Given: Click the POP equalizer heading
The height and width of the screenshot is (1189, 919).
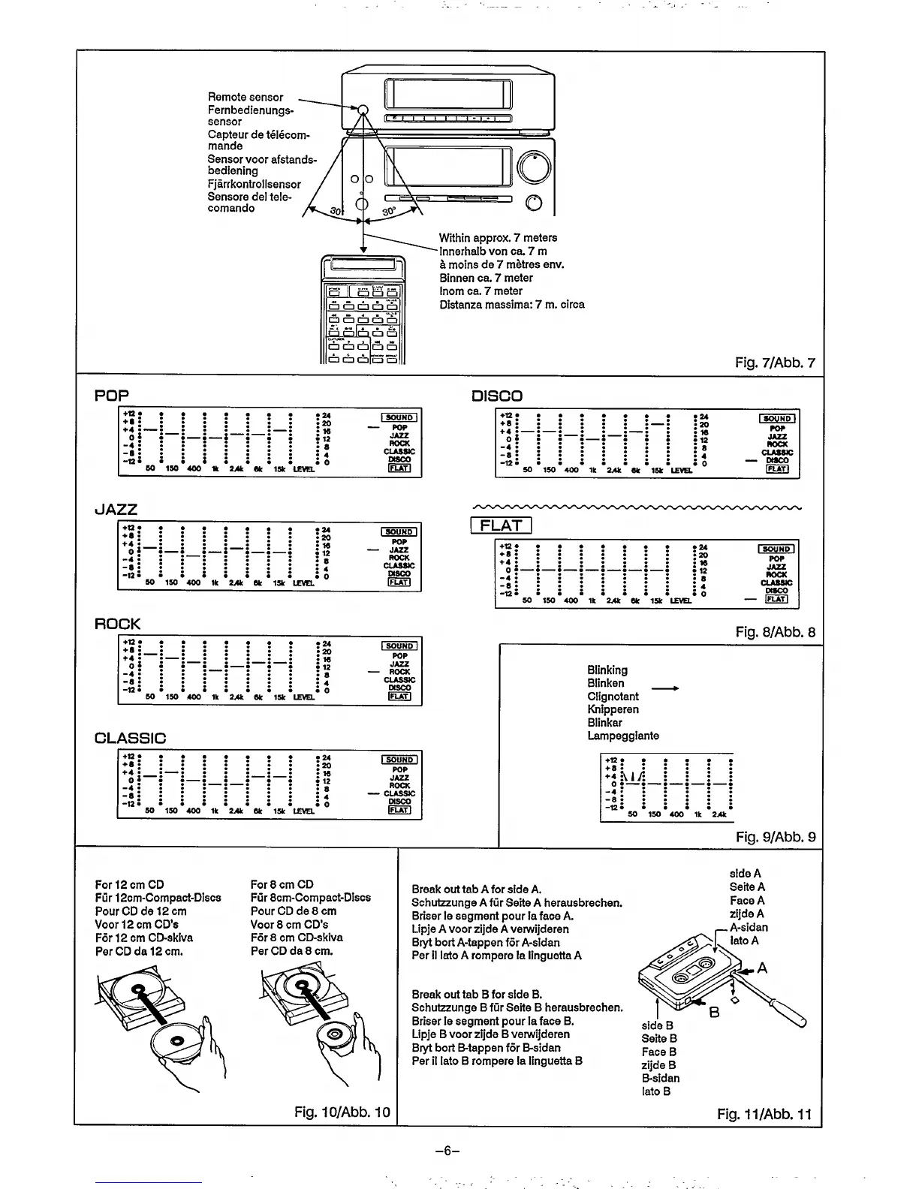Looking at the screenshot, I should [112, 396].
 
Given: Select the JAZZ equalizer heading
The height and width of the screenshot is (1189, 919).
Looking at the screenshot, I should [116, 510].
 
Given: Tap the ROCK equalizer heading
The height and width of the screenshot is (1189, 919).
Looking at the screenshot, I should [117, 624].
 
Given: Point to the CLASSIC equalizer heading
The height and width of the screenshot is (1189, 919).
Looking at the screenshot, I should [130, 738].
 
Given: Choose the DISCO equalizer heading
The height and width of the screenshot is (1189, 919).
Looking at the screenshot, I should [496, 396].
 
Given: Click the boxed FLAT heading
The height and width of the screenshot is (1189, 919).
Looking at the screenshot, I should [501, 525].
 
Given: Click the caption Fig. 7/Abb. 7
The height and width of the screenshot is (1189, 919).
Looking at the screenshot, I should [775, 363].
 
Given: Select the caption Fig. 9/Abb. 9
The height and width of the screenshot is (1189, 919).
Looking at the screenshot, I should [776, 837].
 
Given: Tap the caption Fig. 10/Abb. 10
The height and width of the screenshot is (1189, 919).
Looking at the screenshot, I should [342, 1112].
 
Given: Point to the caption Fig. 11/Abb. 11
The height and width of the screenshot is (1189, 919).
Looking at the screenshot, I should [764, 1114].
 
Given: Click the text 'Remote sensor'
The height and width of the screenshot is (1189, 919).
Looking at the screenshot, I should [246, 97].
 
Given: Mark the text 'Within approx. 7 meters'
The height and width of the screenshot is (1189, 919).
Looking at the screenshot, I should [498, 237].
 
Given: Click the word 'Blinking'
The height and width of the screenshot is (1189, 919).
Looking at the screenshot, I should [607, 670].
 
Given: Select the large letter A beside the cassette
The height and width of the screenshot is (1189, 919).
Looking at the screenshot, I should [762, 968].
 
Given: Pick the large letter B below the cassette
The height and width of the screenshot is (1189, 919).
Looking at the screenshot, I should [714, 1013].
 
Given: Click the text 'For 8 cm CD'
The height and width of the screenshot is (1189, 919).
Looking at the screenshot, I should [282, 884].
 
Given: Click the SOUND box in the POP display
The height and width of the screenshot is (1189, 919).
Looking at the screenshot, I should [399, 417].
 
